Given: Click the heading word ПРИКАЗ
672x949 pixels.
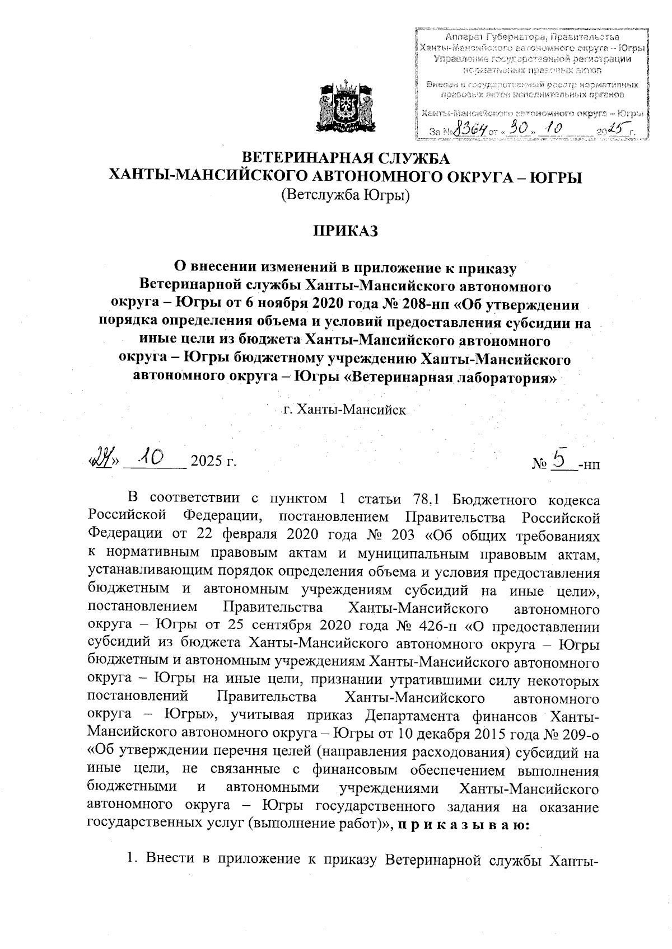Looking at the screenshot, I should pos(346,231).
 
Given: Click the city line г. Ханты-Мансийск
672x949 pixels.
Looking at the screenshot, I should pos(345,410).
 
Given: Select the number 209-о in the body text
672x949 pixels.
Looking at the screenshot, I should pos(580,733).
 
